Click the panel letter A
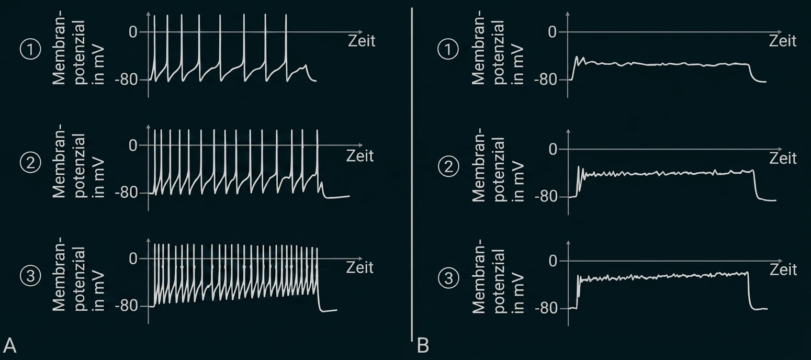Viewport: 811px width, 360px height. (x=9, y=345)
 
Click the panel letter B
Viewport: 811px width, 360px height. (x=423, y=345)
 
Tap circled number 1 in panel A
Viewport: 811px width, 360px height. (x=30, y=50)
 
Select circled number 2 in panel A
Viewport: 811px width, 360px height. (x=30, y=163)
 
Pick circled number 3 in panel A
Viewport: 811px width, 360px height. (x=30, y=276)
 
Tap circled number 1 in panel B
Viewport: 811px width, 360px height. (x=448, y=50)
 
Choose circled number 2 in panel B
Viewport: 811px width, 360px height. (x=448, y=166)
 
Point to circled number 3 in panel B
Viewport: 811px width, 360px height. (x=448, y=278)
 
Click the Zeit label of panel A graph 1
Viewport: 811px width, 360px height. (x=362, y=41)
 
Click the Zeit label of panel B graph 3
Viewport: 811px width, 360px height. (x=783, y=270)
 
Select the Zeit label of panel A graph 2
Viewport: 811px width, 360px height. (x=359, y=156)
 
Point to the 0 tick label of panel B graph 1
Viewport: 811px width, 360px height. (x=552, y=32)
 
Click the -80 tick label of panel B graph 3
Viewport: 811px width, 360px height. (x=547, y=309)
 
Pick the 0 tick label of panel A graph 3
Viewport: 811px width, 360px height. (x=133, y=258)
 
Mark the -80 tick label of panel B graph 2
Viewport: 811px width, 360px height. (x=547, y=197)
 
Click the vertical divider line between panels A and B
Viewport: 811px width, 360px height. (x=412, y=174)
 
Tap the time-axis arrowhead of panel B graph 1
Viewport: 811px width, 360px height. (x=779, y=32)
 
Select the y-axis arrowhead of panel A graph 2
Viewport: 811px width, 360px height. (x=149, y=128)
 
